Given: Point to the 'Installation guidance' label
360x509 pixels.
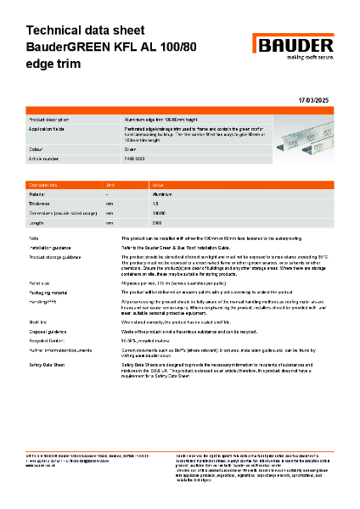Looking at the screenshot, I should click(x=52, y=247).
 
